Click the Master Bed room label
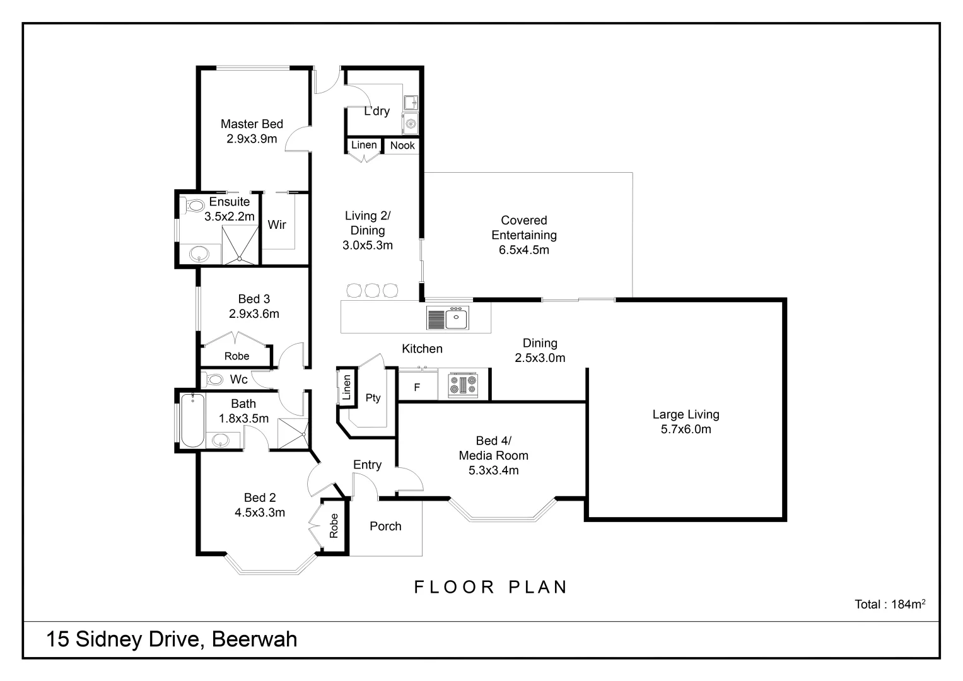pos(252,124)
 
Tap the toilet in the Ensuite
pos(195,206)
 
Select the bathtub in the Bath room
pos(192,420)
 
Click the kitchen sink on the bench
pos(456,318)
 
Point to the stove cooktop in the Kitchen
pos(463,385)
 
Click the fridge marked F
pos(417,387)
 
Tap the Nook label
pos(402,146)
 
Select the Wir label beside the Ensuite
pos(277,224)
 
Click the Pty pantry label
pos(373,398)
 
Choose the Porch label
pos(385,526)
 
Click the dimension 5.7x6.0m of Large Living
pos(686,429)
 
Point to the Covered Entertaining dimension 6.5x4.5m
pos(523,250)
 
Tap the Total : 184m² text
pos(889,604)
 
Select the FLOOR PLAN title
pos(491,587)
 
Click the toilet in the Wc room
pos(214,380)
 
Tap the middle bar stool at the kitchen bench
pos(372,291)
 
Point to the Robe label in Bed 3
pos(236,356)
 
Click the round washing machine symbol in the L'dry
pos(411,124)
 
